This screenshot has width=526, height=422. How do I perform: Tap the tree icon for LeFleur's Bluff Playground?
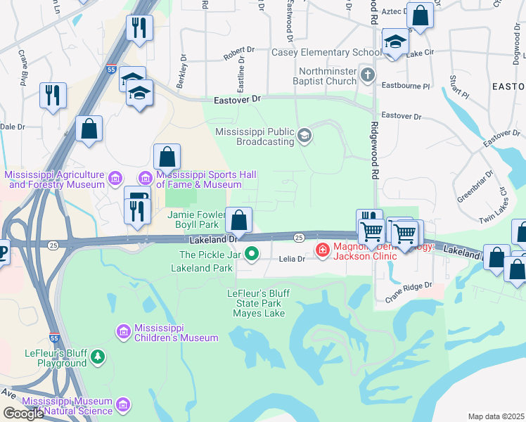pyautogui.click(x=98, y=358)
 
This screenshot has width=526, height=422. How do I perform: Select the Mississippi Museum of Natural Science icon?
pyautogui.click(x=123, y=405)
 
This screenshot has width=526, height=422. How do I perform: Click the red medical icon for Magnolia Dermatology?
pyautogui.click(x=323, y=250)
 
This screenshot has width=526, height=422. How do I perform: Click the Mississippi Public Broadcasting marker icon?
pyautogui.click(x=304, y=135)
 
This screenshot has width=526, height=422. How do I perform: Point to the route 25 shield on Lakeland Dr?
pyautogui.click(x=299, y=238)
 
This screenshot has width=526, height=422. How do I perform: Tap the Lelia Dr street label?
pyautogui.click(x=292, y=259)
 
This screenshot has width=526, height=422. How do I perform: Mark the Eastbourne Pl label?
pyautogui.click(x=405, y=86)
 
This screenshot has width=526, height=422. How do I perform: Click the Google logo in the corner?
pyautogui.click(x=23, y=414)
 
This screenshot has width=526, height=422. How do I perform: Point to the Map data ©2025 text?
pyautogui.click(x=496, y=416)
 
